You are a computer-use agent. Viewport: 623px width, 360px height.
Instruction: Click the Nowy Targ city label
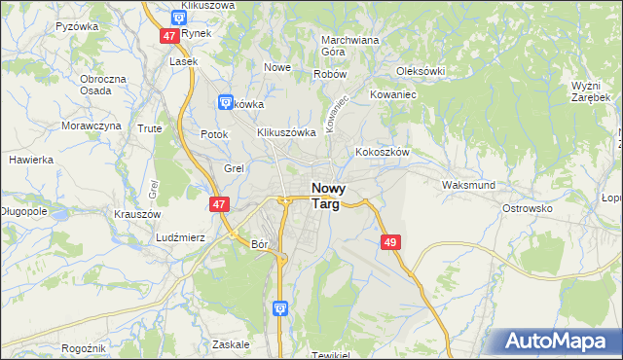332,196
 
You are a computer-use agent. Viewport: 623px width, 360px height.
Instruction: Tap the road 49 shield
390,241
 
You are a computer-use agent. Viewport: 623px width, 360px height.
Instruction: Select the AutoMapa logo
555,342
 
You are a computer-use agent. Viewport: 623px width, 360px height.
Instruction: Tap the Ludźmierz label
179,236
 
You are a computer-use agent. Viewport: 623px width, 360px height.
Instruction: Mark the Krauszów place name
136,213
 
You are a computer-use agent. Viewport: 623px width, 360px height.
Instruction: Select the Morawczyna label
92,126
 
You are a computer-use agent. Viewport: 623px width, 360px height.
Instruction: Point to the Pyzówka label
78,26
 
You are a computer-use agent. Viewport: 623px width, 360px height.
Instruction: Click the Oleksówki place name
421,71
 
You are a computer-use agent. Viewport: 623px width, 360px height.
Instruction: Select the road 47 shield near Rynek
169,35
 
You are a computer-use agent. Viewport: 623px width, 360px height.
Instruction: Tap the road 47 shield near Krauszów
219,204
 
